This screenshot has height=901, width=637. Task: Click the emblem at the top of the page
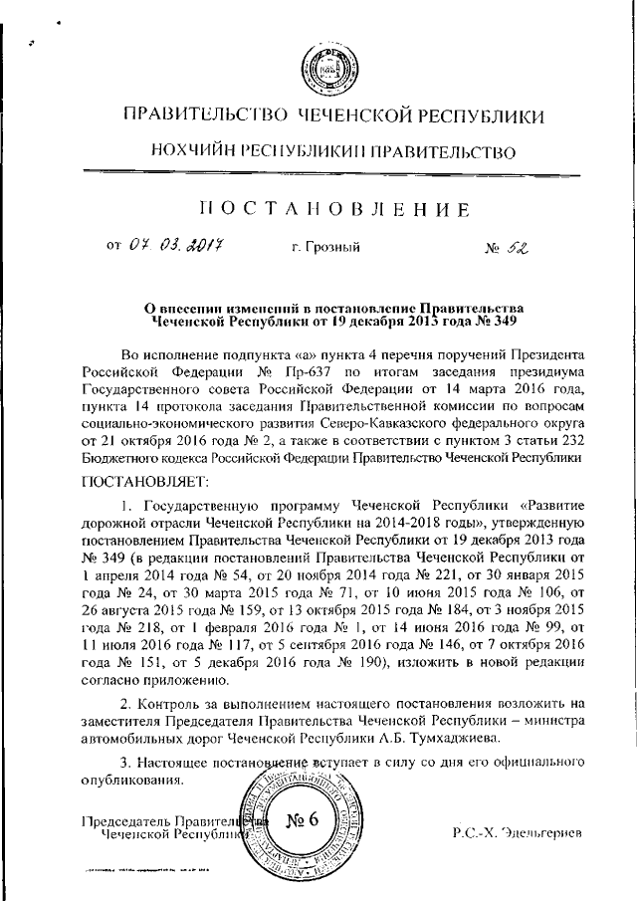[x=318, y=69]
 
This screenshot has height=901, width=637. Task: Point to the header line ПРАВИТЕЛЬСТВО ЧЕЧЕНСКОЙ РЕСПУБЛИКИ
[x=331, y=116]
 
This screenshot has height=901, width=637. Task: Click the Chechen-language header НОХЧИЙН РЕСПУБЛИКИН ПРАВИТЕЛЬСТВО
[x=331, y=152]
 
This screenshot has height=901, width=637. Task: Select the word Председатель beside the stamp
[x=126, y=821]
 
